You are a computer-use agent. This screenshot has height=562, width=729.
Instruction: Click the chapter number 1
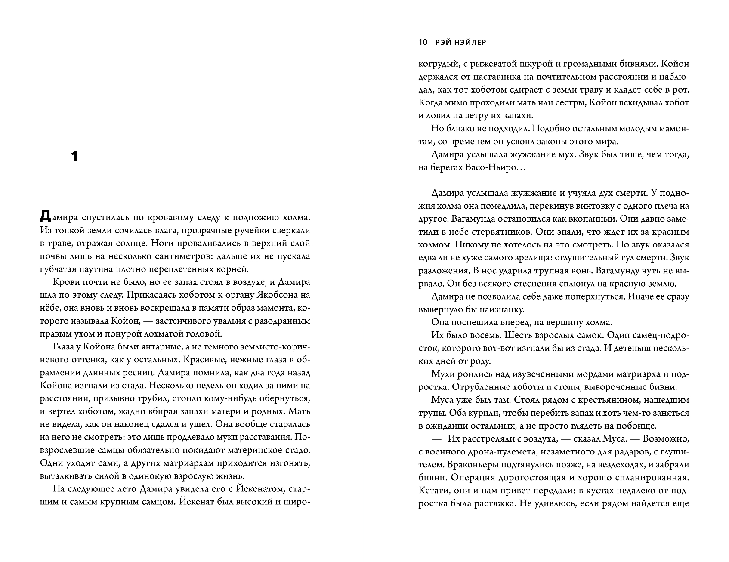click(74, 157)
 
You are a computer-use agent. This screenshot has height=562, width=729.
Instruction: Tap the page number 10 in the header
click(422, 42)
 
